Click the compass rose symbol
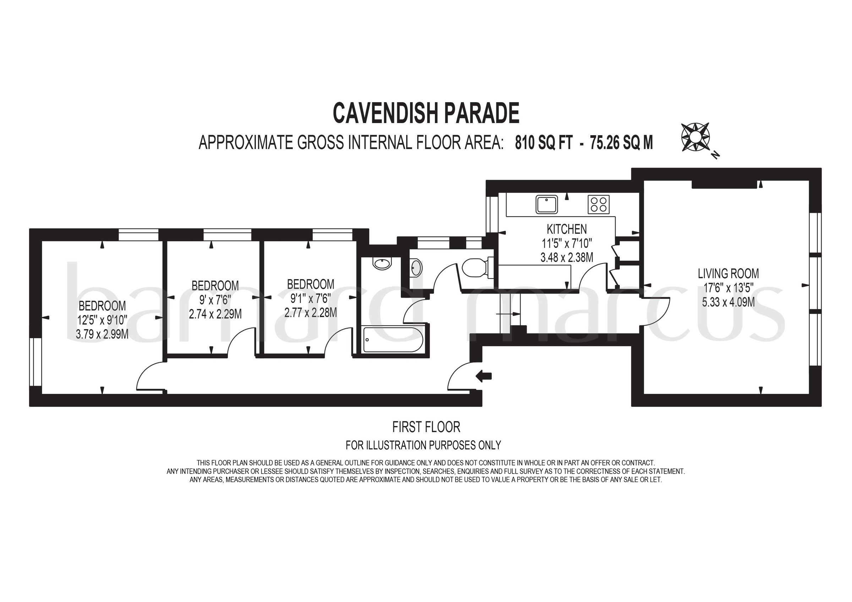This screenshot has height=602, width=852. [695, 137]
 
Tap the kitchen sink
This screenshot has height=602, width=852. [547, 204]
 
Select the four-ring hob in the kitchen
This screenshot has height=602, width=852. [599, 204]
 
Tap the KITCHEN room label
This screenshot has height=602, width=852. [567, 229]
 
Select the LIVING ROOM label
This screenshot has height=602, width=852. [728, 274]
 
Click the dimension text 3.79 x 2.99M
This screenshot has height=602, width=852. [102, 335]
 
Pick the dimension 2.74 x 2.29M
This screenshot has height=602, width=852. [215, 315]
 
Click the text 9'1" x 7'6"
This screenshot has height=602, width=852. [311, 299]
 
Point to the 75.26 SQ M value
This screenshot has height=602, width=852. [622, 143]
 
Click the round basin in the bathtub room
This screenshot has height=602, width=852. [382, 264]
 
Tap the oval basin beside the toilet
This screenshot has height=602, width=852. [416, 268]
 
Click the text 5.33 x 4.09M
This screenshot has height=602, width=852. [728, 302]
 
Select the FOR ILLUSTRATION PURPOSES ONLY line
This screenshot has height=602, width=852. [423, 445]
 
